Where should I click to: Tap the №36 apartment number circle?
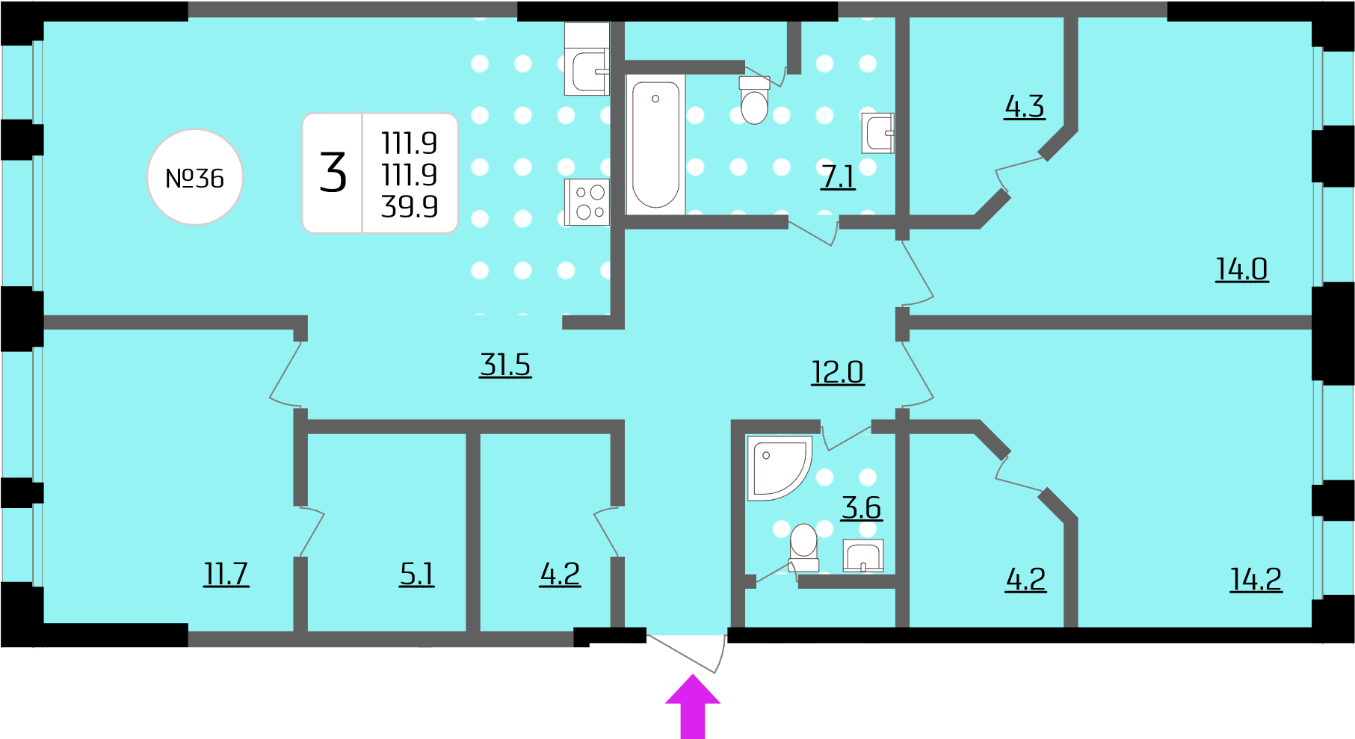(195, 177)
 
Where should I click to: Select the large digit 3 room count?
(333, 173)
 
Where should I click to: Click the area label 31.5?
(505, 365)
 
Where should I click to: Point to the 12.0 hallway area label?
(838, 372)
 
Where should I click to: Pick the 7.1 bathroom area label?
(838, 177)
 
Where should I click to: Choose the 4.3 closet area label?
(1025, 106)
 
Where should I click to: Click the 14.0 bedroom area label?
(1242, 269)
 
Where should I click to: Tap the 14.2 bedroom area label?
(1256, 579)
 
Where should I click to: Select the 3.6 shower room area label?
(862, 508)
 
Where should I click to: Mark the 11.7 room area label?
(226, 574)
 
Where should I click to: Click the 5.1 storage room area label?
(417, 574)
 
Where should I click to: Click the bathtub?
(655, 144)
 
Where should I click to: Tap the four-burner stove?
(587, 202)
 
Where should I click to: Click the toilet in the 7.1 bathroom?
(754, 99)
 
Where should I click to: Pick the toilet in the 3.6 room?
(804, 548)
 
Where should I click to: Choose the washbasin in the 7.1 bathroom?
(878, 133)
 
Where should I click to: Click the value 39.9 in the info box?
(410, 206)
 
